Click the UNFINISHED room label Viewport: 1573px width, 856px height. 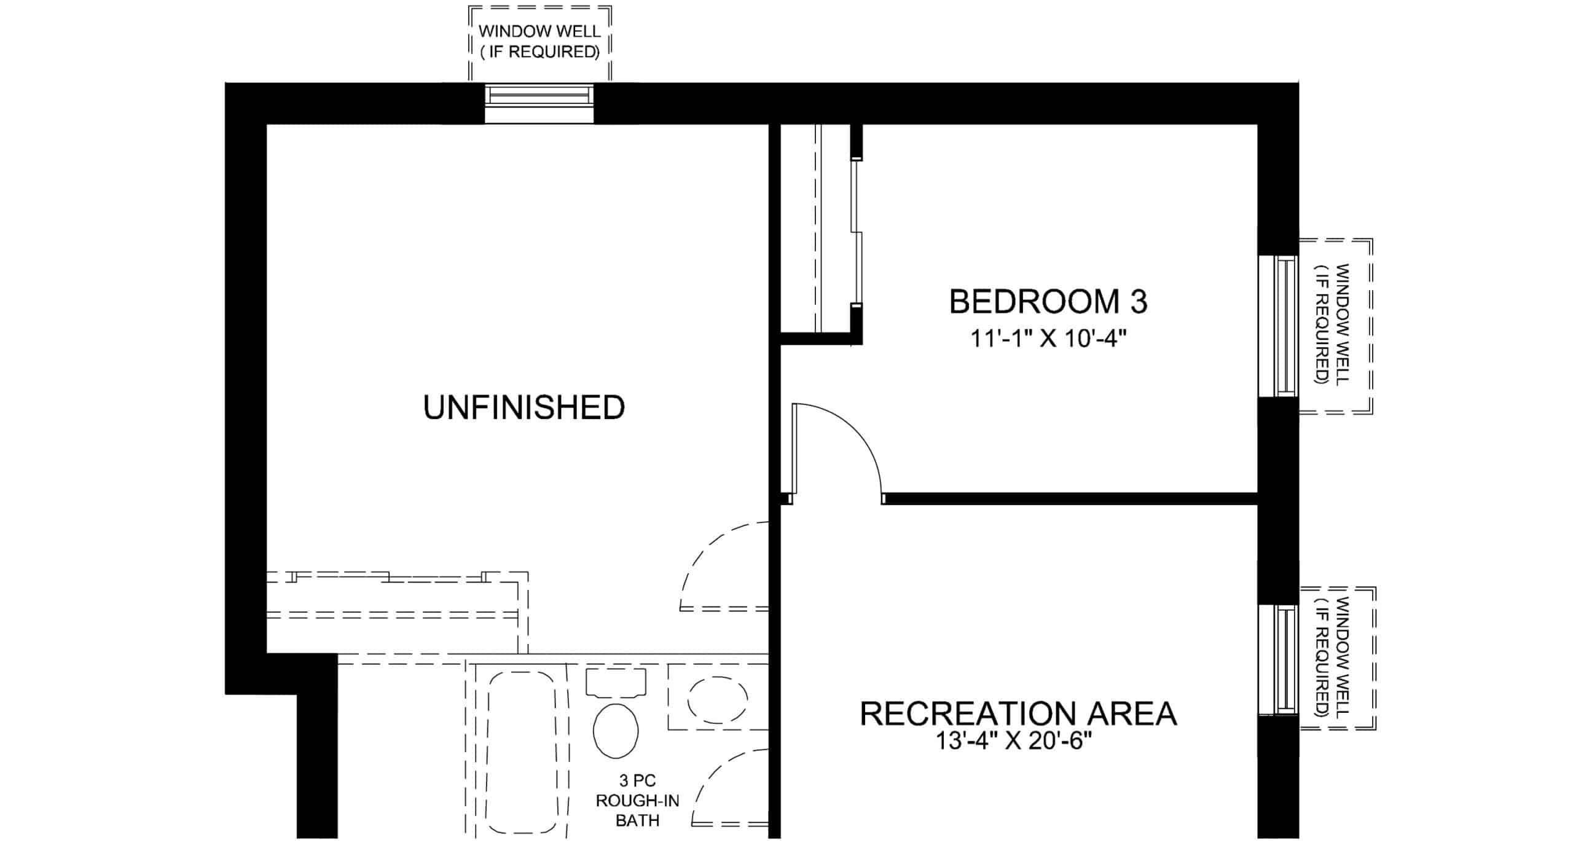pyautogui.click(x=524, y=407)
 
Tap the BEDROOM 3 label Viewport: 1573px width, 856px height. pyautogui.click(x=1048, y=302)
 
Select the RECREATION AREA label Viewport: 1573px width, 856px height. pyautogui.click(x=1018, y=713)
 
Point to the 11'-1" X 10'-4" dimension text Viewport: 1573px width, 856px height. pyautogui.click(x=1048, y=338)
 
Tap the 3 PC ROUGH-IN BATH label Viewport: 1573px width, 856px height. pyautogui.click(x=637, y=800)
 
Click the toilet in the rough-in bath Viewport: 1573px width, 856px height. pyautogui.click(x=616, y=730)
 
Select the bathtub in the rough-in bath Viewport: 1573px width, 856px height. pyautogui.click(x=523, y=752)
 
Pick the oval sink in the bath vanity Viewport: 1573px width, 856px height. pyautogui.click(x=718, y=699)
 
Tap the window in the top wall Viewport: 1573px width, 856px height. pyautogui.click(x=539, y=103)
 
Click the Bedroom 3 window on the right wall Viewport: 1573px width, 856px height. pyautogui.click(x=1279, y=326)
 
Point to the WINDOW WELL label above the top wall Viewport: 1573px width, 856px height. pyautogui.click(x=539, y=41)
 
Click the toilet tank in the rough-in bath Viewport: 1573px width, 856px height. pyautogui.click(x=616, y=683)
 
